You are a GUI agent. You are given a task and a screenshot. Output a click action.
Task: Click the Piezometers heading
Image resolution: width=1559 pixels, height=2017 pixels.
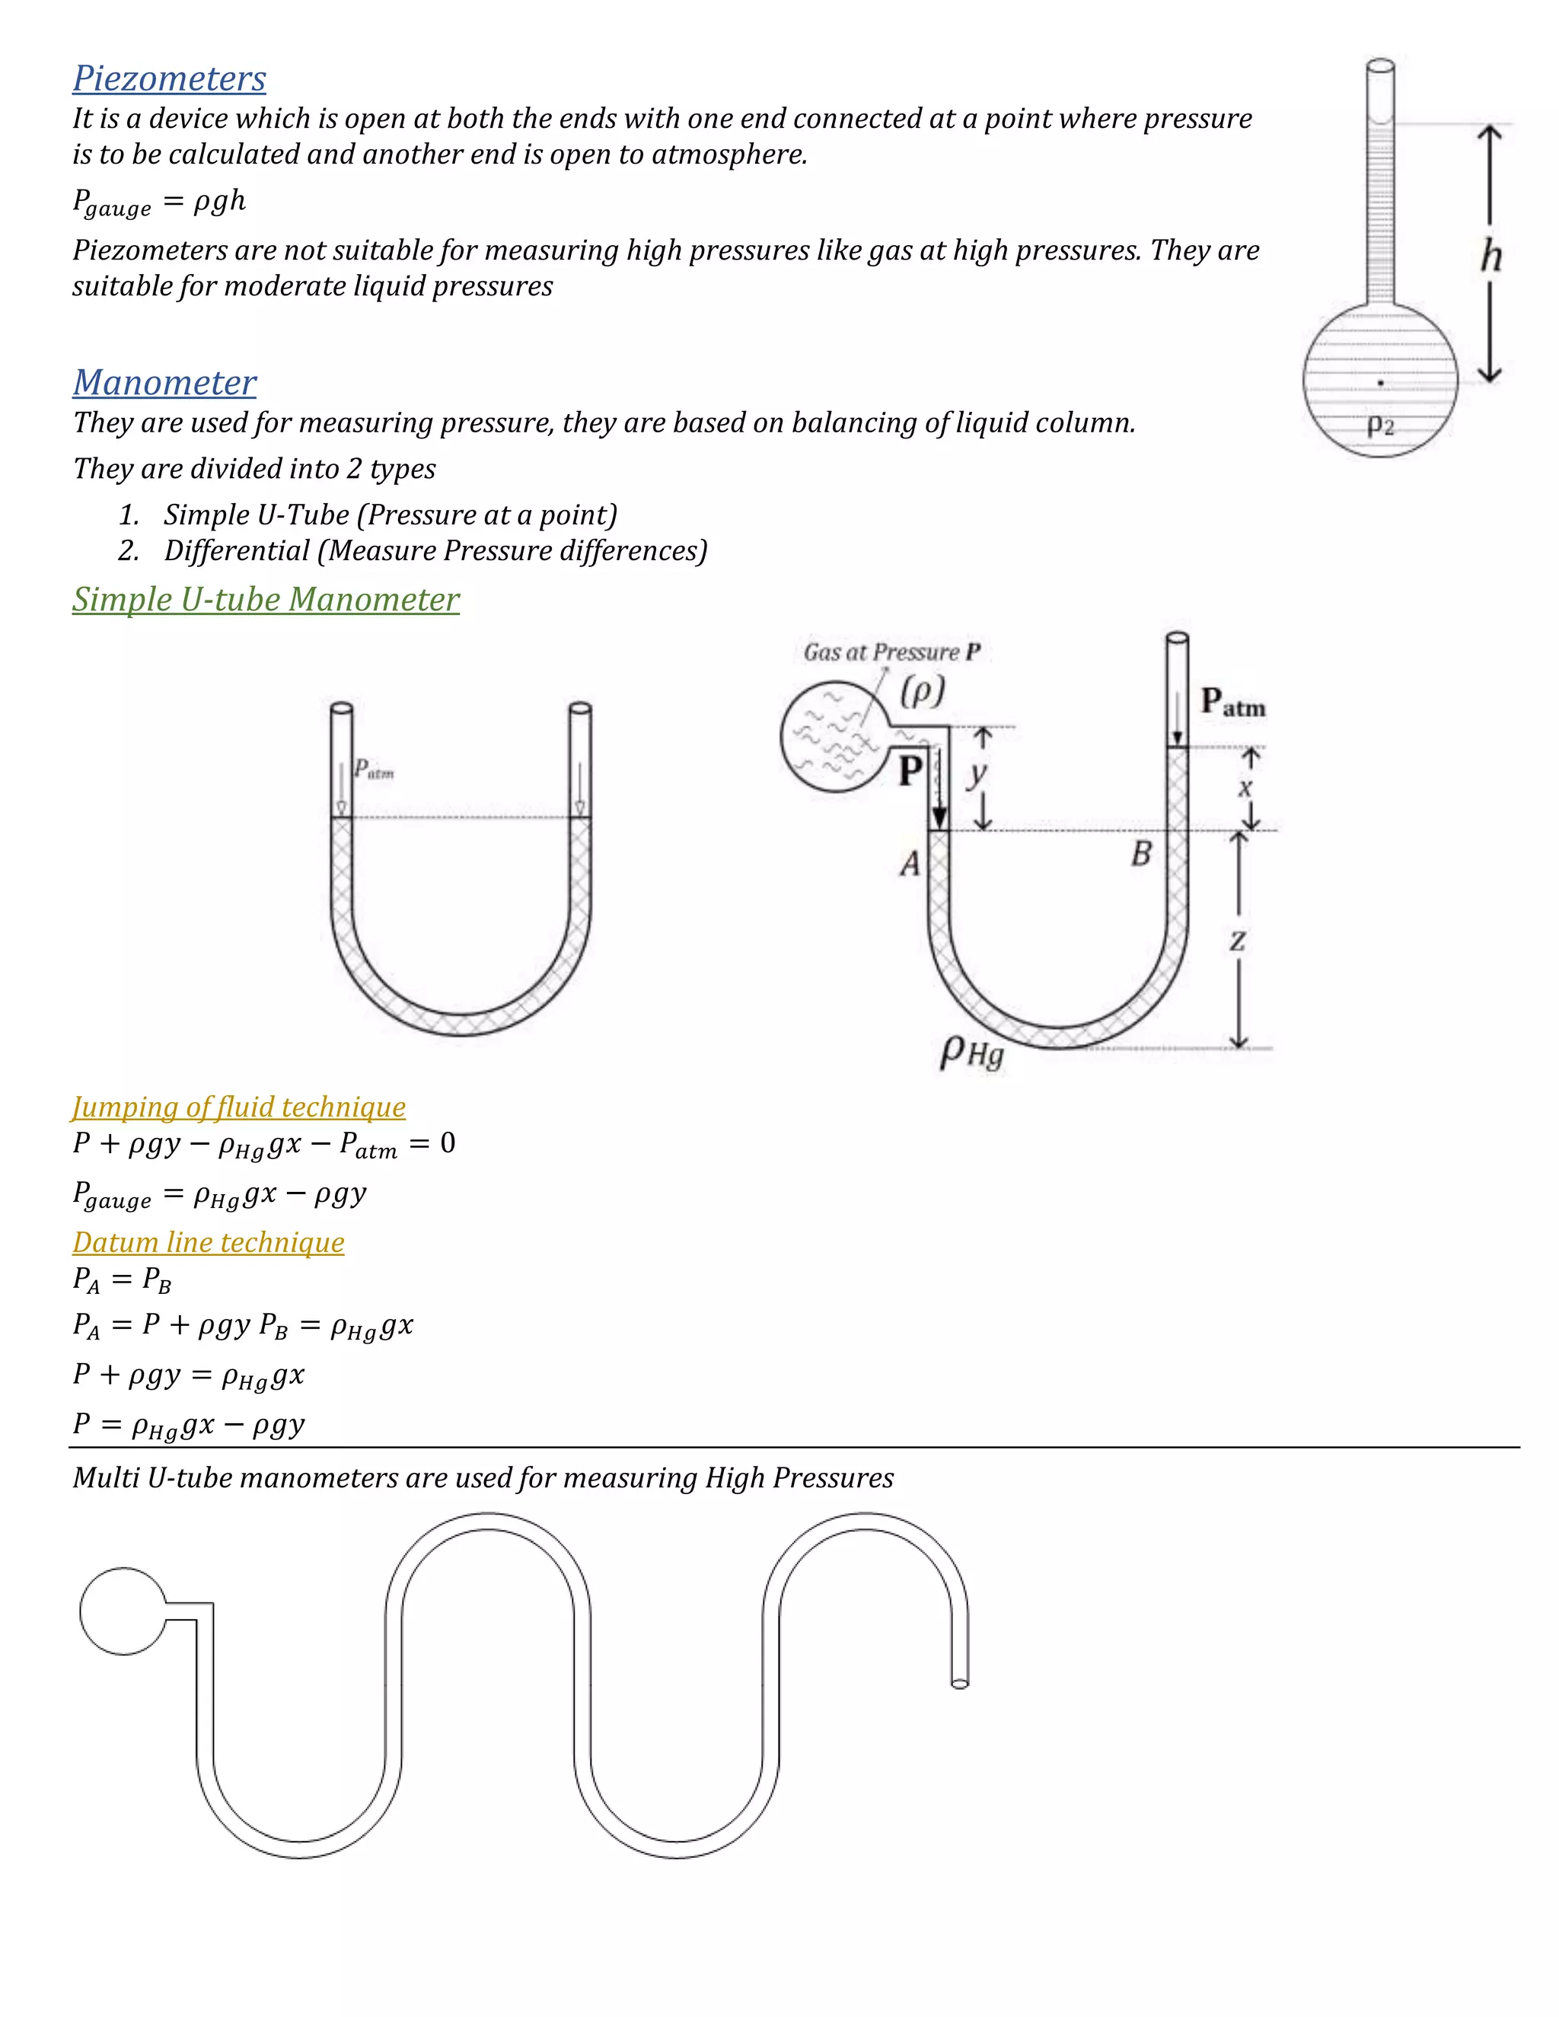click(x=169, y=78)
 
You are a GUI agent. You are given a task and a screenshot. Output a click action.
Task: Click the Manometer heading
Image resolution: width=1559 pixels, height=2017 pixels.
click(x=164, y=382)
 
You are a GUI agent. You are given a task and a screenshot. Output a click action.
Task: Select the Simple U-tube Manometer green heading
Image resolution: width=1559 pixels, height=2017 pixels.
click(x=265, y=599)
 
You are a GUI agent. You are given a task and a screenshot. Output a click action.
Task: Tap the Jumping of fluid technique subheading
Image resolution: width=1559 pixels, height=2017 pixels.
click(x=238, y=1107)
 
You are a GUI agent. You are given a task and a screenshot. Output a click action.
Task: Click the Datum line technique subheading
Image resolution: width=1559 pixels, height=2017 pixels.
click(x=208, y=1242)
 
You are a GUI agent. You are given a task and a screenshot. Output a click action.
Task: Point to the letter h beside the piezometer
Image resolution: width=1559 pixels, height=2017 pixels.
click(x=1490, y=256)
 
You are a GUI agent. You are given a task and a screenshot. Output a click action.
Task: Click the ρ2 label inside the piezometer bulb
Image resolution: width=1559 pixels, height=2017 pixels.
click(x=1380, y=425)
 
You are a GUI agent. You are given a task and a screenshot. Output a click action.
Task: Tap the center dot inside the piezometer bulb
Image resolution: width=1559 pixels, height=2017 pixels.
click(x=1381, y=382)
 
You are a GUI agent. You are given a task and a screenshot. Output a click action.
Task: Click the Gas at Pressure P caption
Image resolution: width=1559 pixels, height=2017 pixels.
click(x=891, y=652)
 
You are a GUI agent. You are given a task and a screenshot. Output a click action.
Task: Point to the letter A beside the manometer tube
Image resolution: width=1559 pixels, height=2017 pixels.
click(x=910, y=864)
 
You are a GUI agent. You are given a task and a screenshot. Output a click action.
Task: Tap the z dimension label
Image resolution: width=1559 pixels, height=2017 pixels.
click(x=1238, y=941)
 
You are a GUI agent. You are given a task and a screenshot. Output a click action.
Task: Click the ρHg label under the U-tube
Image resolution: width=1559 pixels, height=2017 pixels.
click(x=971, y=1052)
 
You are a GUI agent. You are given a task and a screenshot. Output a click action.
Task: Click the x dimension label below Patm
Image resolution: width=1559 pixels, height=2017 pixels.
click(x=1245, y=788)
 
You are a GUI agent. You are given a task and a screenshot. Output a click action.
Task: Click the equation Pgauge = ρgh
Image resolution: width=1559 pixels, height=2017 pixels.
click(x=159, y=202)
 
